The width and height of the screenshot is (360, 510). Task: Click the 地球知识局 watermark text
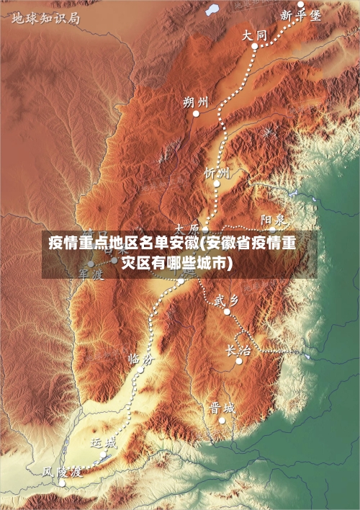tap(45, 17)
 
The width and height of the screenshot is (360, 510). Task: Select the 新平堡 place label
tap(300, 16)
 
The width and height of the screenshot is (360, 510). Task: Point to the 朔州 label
tap(196, 102)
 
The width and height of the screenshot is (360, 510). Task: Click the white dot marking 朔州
tap(195, 113)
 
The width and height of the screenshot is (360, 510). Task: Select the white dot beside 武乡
tap(227, 312)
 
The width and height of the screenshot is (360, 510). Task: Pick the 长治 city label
tap(238, 350)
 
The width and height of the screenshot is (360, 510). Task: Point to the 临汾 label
tap(140, 357)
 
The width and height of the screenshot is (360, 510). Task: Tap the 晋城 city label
tap(222, 408)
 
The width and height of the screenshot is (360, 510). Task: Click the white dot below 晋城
tap(222, 420)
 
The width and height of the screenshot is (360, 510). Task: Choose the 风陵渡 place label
tap(61, 472)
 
